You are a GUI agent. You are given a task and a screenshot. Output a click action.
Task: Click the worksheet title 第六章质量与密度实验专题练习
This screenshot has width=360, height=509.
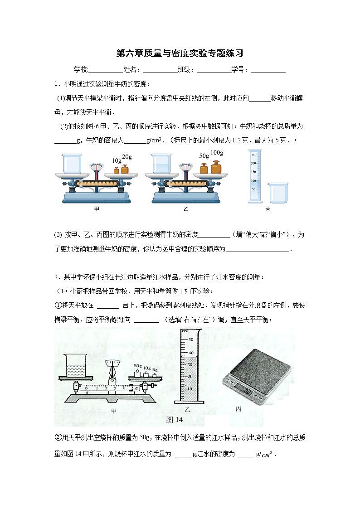[x=180, y=53]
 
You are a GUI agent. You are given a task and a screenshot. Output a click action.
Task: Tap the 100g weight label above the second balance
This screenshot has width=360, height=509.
[x=217, y=152]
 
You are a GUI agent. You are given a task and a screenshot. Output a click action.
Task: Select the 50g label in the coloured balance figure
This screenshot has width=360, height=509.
[x=204, y=156]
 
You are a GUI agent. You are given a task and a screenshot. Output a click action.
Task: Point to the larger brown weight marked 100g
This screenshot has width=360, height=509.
[x=216, y=167]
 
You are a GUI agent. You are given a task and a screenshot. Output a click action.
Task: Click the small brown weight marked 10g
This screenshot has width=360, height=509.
[x=116, y=170]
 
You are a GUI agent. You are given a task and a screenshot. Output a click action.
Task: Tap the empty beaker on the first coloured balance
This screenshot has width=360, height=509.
[x=71, y=163]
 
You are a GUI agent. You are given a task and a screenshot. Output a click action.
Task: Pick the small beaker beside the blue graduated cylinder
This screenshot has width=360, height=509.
[x=278, y=193]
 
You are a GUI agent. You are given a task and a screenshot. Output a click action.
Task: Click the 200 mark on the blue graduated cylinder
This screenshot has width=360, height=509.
[x=254, y=163]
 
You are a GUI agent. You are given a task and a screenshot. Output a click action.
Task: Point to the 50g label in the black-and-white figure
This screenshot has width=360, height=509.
[x=138, y=366]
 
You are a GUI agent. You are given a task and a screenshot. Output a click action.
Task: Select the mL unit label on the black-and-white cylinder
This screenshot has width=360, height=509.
[x=185, y=332]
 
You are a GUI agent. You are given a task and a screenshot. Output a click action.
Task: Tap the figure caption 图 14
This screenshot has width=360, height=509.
[x=175, y=420]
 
